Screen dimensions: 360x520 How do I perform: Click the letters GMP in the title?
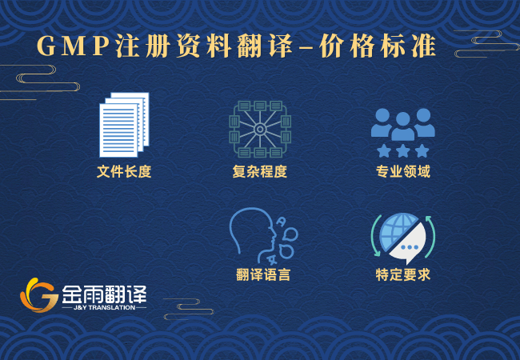pos(73,46)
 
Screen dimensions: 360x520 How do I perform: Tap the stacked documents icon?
pos(124,125)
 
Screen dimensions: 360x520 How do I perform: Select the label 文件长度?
pos(124,171)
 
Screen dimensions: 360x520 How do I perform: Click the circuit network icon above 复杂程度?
pos(259,128)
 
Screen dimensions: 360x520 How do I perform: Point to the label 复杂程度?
pos(259,171)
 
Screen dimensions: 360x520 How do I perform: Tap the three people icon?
pos(402,122)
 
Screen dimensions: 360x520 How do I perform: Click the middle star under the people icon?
pos(403,150)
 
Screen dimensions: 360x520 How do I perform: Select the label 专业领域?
pos(403,171)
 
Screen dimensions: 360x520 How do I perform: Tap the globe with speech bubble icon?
pos(402,238)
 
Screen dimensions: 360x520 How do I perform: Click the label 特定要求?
pos(403,274)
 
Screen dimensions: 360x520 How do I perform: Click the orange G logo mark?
pos(38,295)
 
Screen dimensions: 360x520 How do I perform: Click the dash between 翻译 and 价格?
pos(305,48)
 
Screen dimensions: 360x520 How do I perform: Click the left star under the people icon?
pos(384,150)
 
